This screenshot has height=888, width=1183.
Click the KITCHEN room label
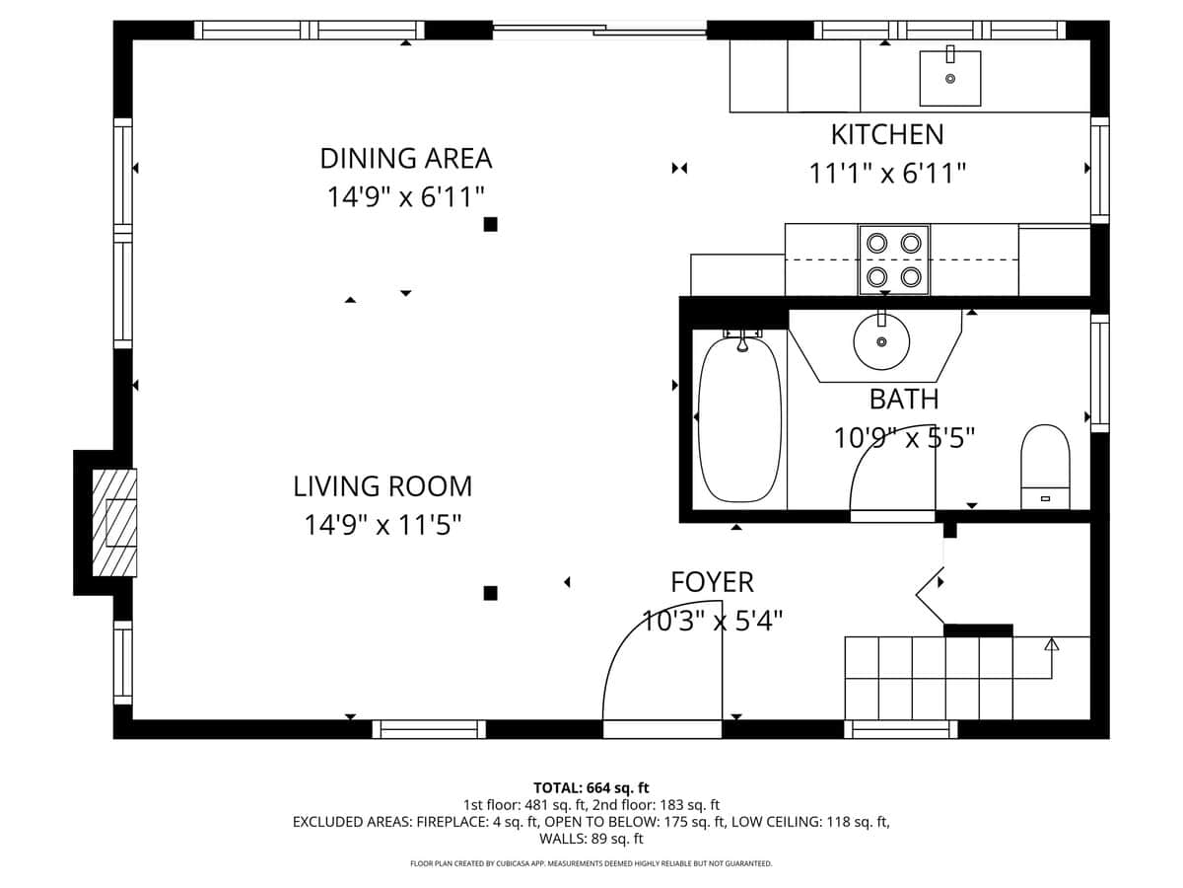click(886, 134)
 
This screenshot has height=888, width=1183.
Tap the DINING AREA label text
click(405, 158)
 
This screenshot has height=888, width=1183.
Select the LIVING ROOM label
click(383, 486)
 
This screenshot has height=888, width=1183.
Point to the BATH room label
click(903, 400)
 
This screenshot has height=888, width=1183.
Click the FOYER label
click(712, 582)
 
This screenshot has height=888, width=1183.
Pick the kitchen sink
click(950, 78)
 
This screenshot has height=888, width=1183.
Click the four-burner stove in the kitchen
click(894, 259)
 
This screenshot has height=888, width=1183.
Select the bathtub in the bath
click(739, 419)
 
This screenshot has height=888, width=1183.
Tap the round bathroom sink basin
click(880, 341)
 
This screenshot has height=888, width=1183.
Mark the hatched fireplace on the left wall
click(113, 522)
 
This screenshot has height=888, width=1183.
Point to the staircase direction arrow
click(1051, 645)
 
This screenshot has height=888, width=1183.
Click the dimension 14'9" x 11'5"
click(383, 525)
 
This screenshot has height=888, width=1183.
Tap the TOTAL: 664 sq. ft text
click(591, 787)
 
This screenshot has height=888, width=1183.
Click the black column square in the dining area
click(490, 224)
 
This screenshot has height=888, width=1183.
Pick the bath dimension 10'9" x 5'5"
click(903, 437)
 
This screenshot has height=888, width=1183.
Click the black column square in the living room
click(490, 593)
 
